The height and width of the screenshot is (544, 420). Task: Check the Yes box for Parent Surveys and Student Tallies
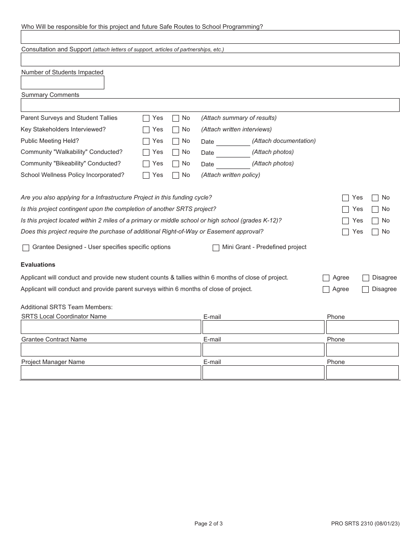pos(146,119)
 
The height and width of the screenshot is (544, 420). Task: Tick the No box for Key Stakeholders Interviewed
pos(176,130)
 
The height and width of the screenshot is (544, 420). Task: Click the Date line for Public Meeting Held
pos(233,142)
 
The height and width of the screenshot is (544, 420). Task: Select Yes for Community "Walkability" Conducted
pos(146,153)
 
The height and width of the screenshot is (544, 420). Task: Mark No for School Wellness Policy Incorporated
pos(176,176)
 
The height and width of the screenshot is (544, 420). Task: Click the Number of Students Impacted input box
pos(62,83)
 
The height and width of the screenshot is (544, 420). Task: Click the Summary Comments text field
pos(210,105)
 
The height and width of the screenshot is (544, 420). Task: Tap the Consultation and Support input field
pos(210,60)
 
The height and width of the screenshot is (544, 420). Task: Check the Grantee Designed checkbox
pos(26,248)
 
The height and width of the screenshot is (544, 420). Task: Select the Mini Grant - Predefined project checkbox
pos(216,248)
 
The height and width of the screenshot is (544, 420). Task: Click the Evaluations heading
pos(38,265)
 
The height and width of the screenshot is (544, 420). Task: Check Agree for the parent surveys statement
pos(326,290)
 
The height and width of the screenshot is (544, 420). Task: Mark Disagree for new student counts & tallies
pos(366,278)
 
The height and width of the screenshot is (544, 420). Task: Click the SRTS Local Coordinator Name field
pos(111,327)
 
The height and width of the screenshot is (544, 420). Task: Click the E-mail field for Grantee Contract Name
pos(263,350)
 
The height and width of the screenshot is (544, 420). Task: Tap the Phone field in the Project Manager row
pos(362,372)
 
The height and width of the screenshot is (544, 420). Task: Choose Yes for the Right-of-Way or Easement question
pos(345,232)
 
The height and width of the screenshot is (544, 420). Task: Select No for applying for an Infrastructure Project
pos(375,198)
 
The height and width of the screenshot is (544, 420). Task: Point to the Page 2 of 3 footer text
pos(208,524)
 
